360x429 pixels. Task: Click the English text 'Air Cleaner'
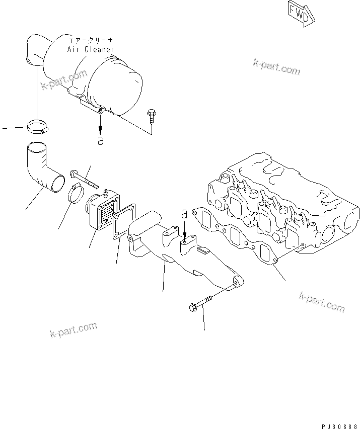91,50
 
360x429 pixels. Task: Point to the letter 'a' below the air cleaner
101,141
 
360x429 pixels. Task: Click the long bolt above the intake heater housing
83,180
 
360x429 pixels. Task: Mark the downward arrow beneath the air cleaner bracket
101,121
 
